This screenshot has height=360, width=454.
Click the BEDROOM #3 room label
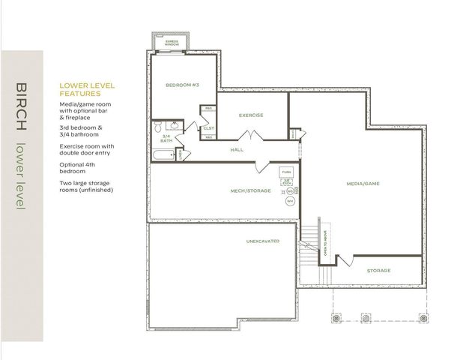(x=181, y=85)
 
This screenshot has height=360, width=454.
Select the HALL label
(x=237, y=150)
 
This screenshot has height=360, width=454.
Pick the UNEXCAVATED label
(x=262, y=241)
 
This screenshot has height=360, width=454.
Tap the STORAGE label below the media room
(x=378, y=270)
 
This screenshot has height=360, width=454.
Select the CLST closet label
(x=208, y=127)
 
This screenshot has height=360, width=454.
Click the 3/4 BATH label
(x=166, y=138)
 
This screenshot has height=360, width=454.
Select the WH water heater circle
(x=290, y=200)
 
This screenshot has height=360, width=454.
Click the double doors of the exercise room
(x=249, y=136)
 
